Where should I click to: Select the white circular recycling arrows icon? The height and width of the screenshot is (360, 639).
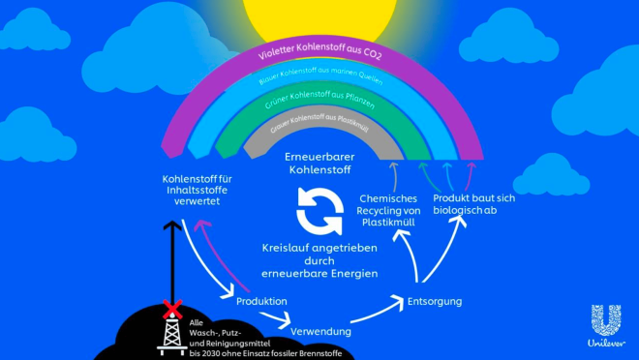[319, 212]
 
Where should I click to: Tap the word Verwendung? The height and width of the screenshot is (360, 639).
[321, 332]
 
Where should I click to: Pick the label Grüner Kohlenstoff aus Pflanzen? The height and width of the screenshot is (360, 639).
[319, 100]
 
